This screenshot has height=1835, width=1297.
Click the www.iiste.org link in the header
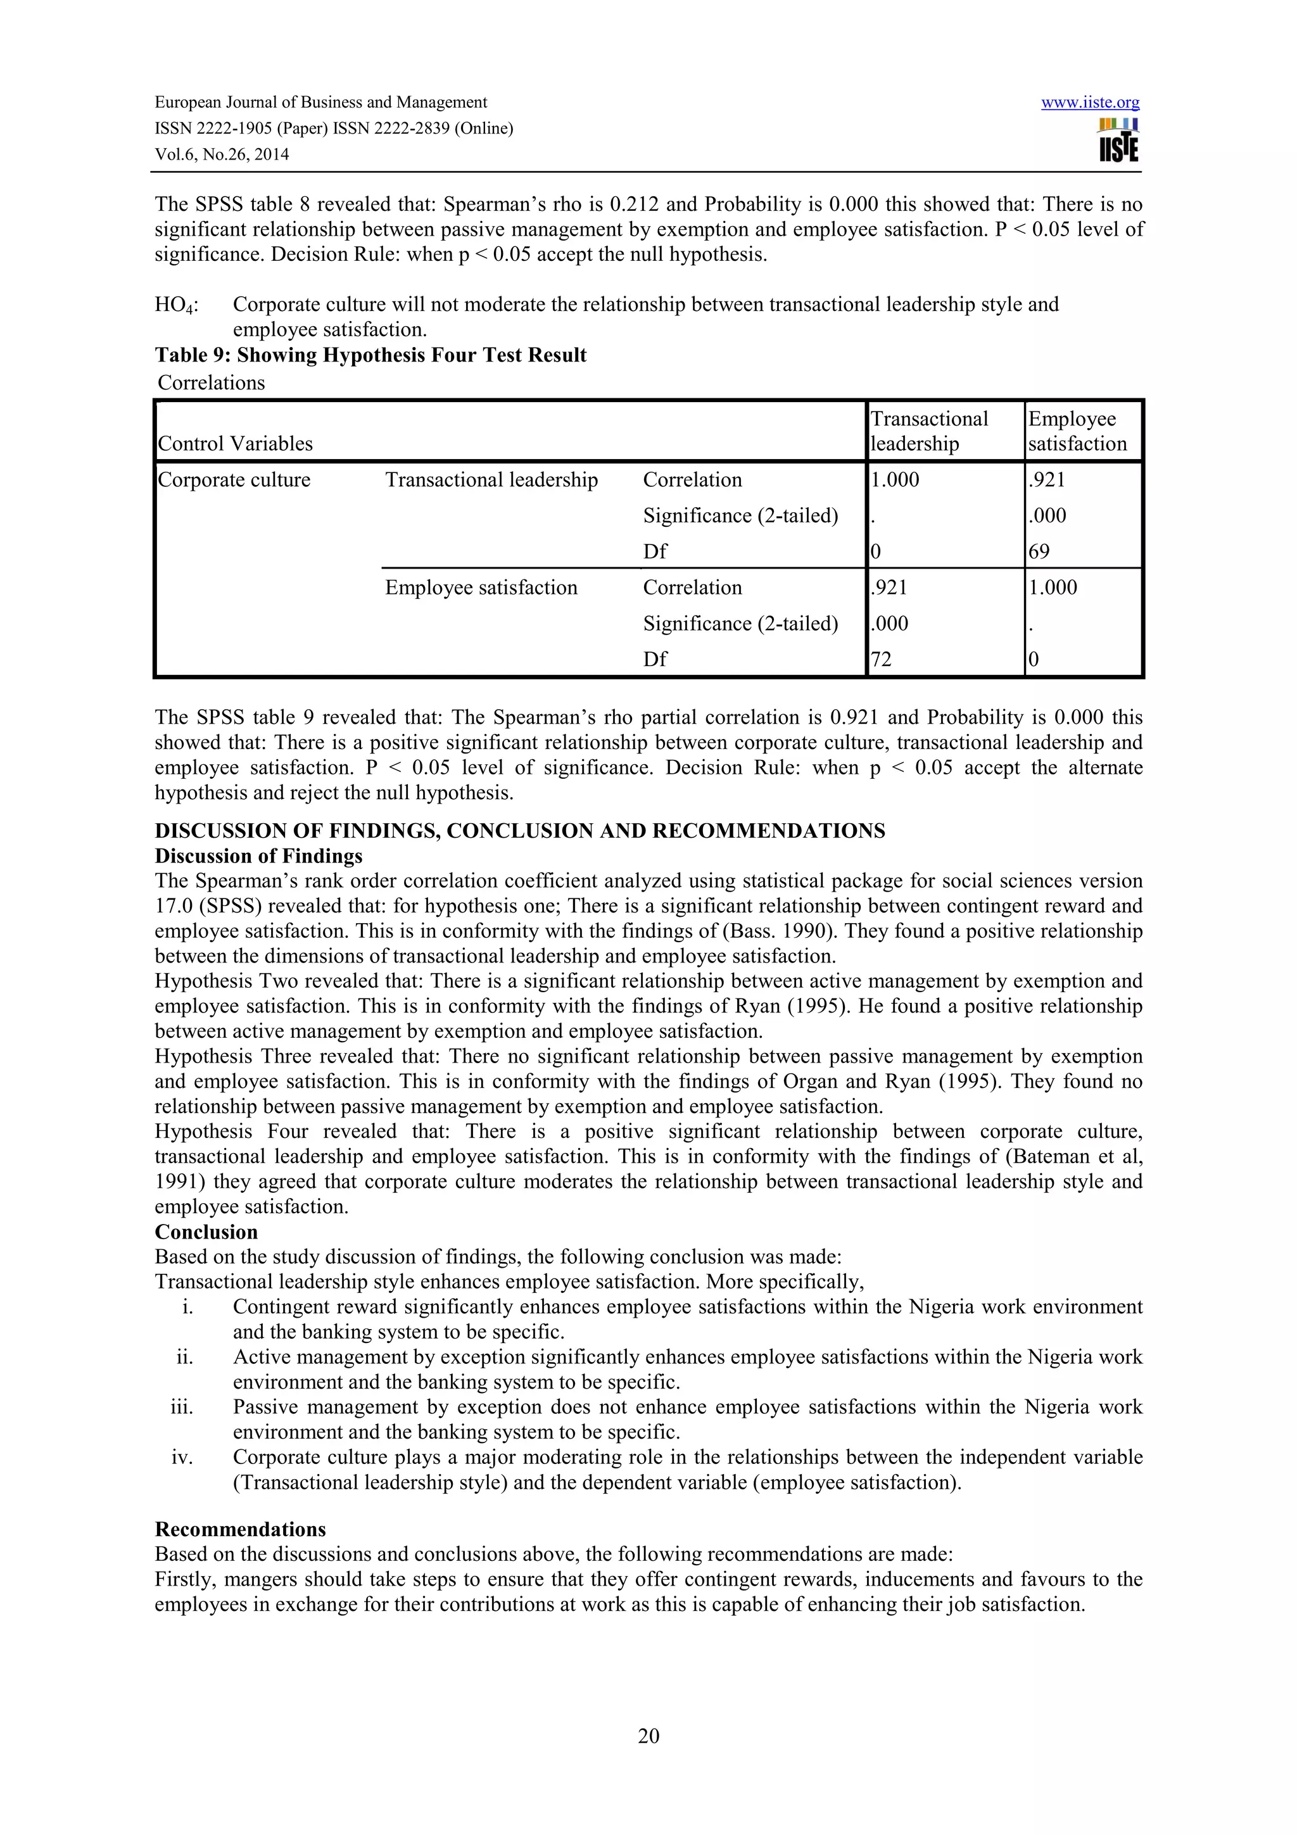click(1090, 103)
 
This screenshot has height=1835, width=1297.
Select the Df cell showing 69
click(1039, 552)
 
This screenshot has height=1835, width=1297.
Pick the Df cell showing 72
click(881, 659)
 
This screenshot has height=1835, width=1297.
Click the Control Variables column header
click(235, 444)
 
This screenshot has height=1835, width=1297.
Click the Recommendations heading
click(240, 1529)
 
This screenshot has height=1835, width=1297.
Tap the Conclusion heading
click(206, 1232)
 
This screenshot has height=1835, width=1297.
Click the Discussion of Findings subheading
click(258, 856)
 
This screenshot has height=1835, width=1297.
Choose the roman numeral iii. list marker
click(182, 1406)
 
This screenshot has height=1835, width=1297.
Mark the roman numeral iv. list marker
click(182, 1457)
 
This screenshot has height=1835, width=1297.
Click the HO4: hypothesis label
click(177, 305)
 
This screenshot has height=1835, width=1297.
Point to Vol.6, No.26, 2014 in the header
click(222, 154)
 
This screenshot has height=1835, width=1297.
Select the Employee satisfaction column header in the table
click(1077, 432)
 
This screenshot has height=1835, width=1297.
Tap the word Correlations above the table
click(211, 383)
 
